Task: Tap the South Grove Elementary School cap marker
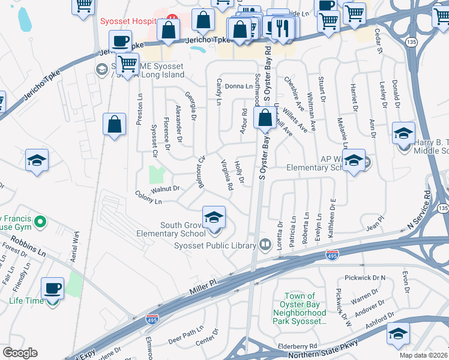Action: click(213, 218)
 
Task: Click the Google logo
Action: click(20, 353)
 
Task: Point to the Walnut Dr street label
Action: click(166, 189)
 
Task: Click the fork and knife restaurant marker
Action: click(281, 26)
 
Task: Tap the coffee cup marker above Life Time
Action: click(52, 288)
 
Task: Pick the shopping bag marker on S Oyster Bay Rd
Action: click(265, 118)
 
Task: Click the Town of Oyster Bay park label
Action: click(300, 308)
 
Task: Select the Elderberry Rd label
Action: click(297, 346)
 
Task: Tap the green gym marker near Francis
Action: click(40, 223)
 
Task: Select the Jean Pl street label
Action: click(375, 226)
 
